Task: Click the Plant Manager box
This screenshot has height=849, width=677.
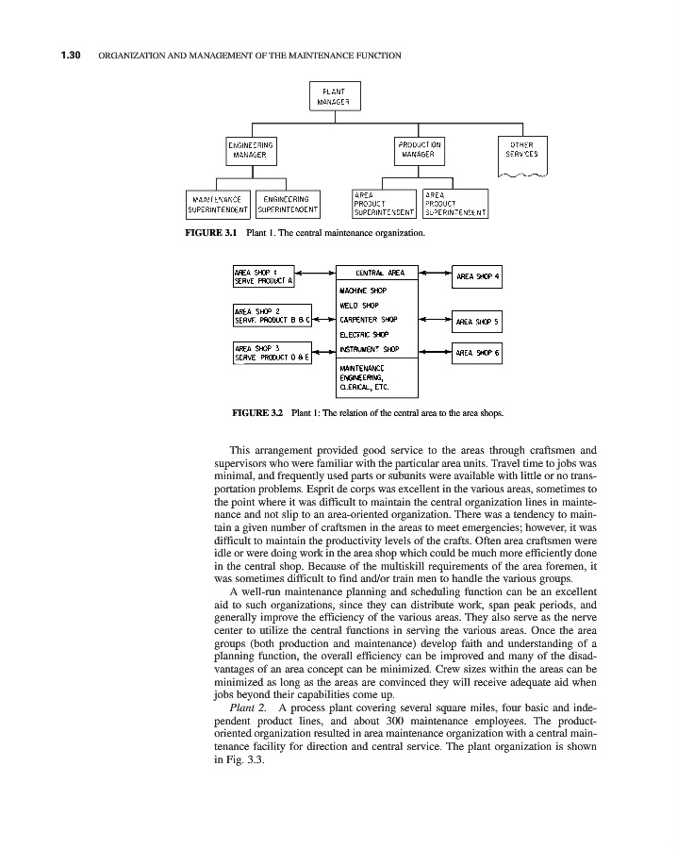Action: (x=335, y=96)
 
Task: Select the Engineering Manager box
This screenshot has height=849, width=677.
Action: (x=251, y=149)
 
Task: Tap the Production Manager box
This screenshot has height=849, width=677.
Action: (x=418, y=149)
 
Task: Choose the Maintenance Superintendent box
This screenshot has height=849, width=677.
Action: (x=218, y=205)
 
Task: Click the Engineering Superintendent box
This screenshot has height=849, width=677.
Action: (x=289, y=205)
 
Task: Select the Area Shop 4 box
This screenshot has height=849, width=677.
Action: (x=478, y=277)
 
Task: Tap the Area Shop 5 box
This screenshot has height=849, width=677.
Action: (x=478, y=321)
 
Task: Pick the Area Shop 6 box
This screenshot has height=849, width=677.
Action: (x=478, y=352)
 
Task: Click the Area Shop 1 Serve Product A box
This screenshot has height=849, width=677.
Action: (x=264, y=275)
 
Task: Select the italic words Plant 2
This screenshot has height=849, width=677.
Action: (x=248, y=707)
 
